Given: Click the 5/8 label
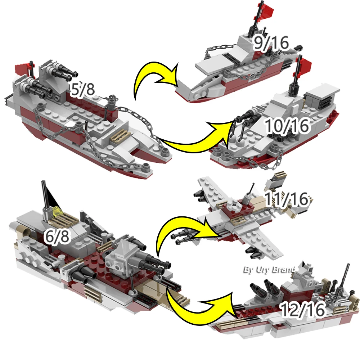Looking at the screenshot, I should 82,90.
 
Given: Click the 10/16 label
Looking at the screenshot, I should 287,126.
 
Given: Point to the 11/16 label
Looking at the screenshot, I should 287,199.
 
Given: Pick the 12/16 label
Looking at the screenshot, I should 302,310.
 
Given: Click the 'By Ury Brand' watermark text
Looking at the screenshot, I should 269,269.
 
